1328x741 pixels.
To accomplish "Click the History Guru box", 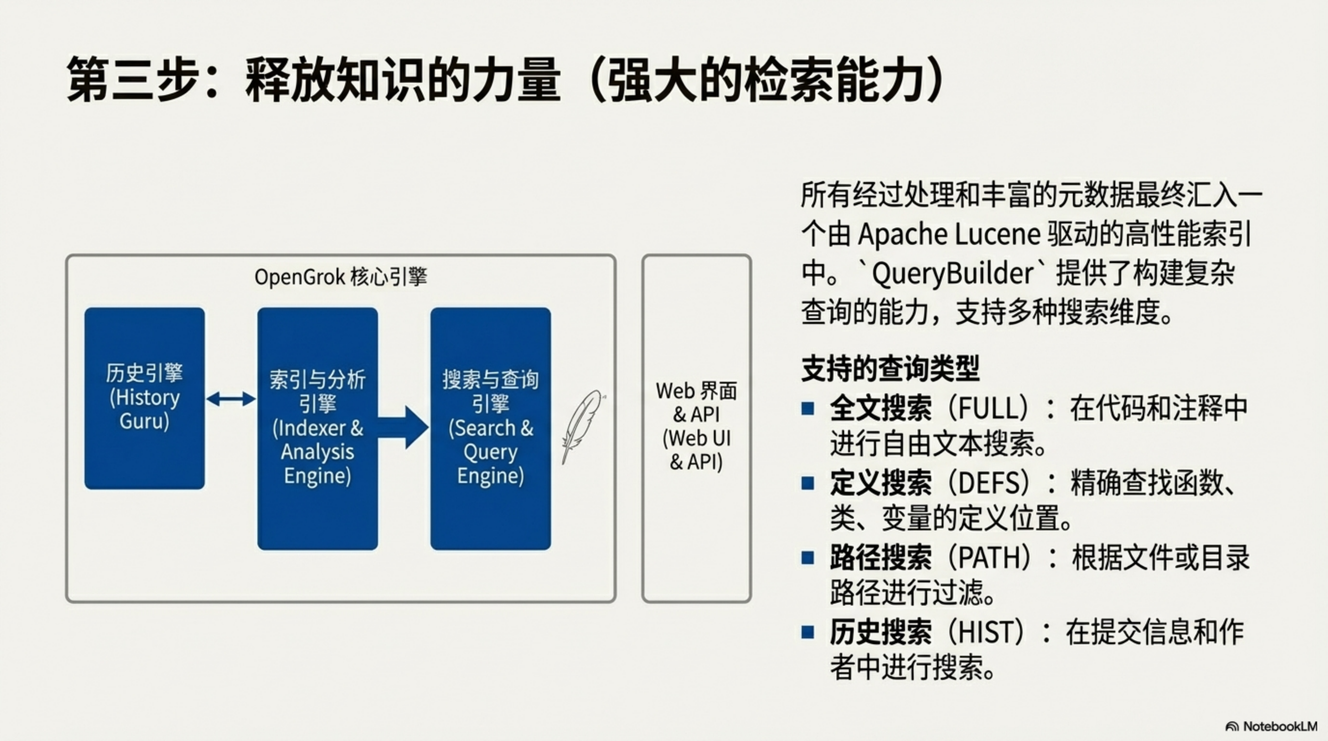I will pos(145,398).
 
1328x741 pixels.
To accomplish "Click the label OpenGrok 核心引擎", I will pos(341,277).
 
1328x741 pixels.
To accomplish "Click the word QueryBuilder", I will pos(953,273).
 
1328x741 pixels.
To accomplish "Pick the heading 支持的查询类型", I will pos(890,368).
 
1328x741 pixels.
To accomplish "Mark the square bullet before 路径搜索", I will pos(808,558).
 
